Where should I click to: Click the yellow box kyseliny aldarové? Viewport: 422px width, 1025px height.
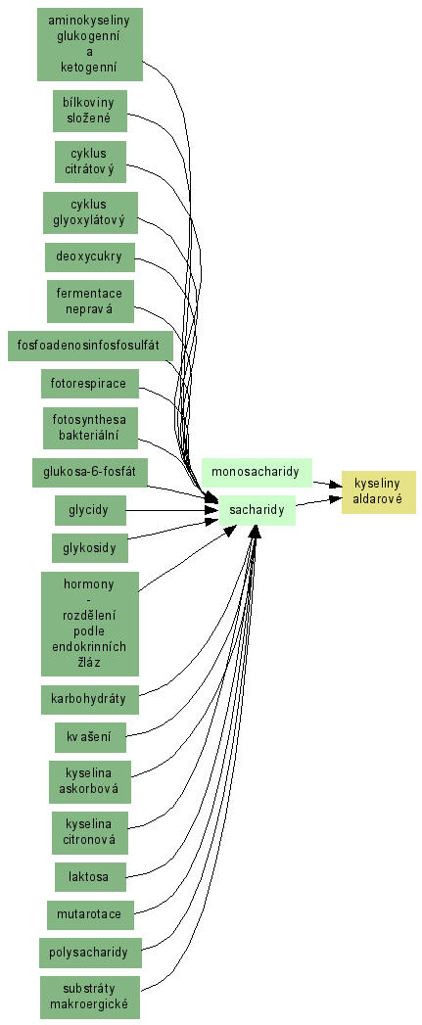click(378, 492)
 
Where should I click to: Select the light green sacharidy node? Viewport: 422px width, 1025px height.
click(258, 510)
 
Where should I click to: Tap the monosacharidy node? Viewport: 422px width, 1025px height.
click(257, 473)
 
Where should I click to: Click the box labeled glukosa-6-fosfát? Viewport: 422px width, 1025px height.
click(90, 473)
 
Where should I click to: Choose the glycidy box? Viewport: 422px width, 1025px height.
click(90, 510)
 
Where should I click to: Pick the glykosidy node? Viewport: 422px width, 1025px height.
click(90, 548)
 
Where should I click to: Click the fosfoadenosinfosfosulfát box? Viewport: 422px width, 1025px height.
click(90, 346)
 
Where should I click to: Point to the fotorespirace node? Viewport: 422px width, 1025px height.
click(90, 383)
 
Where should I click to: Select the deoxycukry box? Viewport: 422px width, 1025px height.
click(90, 256)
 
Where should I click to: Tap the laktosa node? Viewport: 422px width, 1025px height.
click(90, 876)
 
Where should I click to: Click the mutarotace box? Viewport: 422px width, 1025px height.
click(90, 914)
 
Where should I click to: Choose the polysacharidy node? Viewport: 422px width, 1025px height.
click(90, 953)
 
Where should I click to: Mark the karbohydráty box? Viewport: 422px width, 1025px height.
click(90, 699)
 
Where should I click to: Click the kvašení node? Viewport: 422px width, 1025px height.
click(90, 737)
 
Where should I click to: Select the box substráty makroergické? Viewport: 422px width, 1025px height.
click(90, 997)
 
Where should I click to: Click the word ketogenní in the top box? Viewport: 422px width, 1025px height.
click(89, 67)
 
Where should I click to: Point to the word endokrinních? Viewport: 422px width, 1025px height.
click(89, 647)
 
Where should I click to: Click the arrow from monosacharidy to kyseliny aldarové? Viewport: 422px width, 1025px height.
click(326, 484)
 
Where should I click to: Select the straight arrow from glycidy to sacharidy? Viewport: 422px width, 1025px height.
click(172, 510)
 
